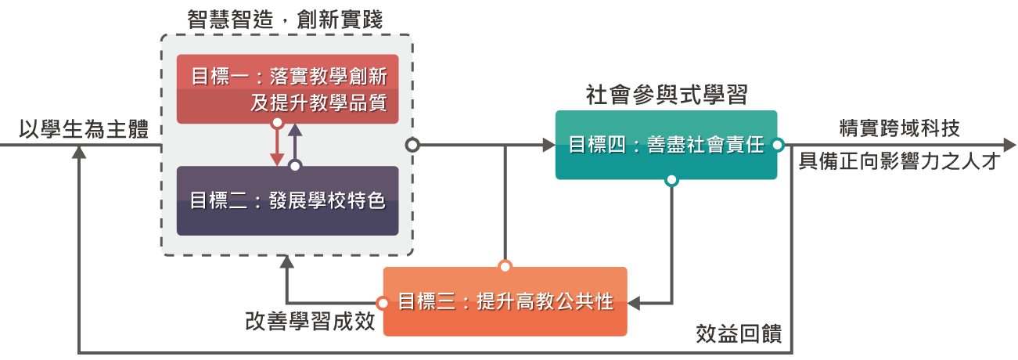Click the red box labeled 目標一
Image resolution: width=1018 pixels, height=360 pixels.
click(287, 88)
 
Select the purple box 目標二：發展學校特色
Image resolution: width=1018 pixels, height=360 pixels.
click(287, 200)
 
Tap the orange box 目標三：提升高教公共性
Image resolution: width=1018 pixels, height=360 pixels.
click(505, 301)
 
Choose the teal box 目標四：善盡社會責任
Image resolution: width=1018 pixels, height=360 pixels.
click(666, 145)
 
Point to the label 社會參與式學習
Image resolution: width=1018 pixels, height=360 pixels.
click(667, 95)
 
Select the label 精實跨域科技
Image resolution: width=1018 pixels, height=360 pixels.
click(899, 128)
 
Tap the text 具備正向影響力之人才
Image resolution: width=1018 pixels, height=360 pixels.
click(900, 162)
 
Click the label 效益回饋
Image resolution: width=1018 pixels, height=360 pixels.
click(738, 333)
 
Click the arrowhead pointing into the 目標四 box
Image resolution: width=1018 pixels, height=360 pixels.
click(547, 145)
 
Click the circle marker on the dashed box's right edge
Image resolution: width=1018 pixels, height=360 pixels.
click(412, 145)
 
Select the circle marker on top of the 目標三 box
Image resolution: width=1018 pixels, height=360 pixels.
click(505, 267)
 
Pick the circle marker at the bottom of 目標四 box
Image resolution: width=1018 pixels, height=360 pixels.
click(671, 180)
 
